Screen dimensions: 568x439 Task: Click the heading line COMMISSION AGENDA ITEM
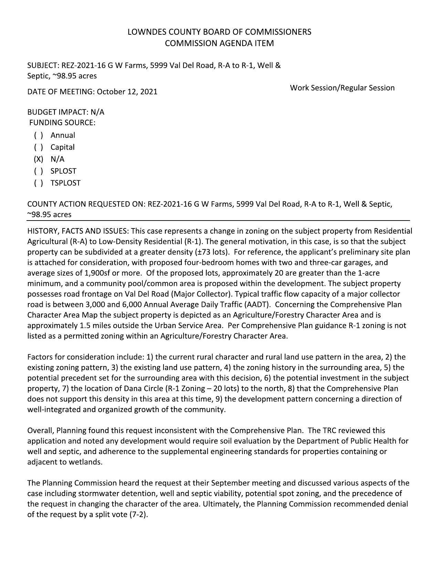[219, 43]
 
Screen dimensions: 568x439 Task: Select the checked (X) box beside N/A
[38, 159]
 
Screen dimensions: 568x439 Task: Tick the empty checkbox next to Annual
[38, 136]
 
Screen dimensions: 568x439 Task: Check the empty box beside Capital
[38, 147]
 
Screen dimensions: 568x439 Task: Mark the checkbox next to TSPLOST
[38, 183]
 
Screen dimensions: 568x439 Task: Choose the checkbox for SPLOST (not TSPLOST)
[38, 171]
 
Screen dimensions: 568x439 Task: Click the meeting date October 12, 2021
[127, 92]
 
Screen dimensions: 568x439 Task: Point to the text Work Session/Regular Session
[342, 88]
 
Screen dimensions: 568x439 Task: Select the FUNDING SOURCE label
[62, 123]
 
